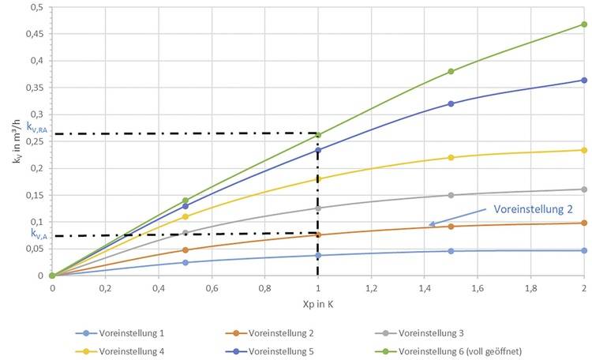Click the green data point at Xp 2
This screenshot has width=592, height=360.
coord(584,24)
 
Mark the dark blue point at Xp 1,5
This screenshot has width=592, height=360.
coord(451,103)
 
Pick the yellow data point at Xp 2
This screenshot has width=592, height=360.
coord(584,150)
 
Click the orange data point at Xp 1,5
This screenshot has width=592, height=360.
coord(451,227)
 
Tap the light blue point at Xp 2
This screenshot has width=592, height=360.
coord(584,250)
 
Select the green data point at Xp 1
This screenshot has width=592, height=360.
coord(318,135)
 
